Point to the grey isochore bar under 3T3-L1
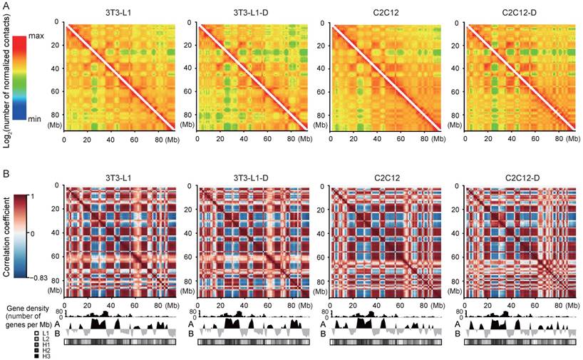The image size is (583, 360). point(119,342)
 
